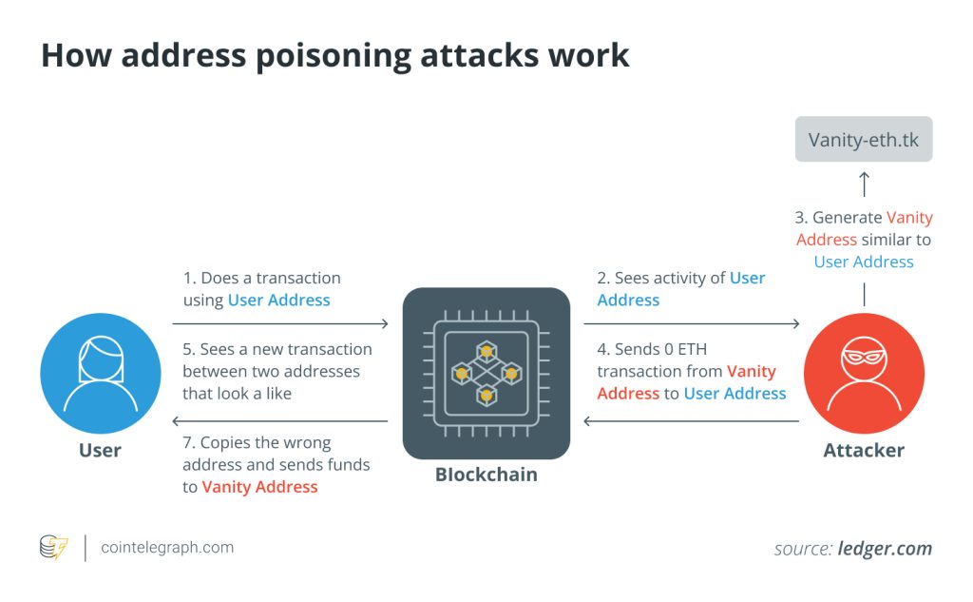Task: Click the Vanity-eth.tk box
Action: click(x=864, y=139)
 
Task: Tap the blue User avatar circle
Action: click(x=101, y=373)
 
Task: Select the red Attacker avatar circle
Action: click(x=864, y=373)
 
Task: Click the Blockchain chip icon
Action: click(x=486, y=373)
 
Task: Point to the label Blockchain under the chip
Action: click(x=486, y=474)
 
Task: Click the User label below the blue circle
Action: click(x=100, y=450)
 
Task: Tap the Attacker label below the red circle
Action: click(x=864, y=450)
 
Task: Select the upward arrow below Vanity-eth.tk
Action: click(x=864, y=183)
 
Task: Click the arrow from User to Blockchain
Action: click(x=280, y=324)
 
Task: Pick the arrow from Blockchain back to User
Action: click(x=280, y=420)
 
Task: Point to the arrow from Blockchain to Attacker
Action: click(x=692, y=324)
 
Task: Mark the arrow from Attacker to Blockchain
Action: click(x=692, y=420)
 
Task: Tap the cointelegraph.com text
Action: click(x=167, y=548)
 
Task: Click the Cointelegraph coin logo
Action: click(x=54, y=548)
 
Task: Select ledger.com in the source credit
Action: click(x=885, y=549)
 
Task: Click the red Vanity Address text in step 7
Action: click(x=259, y=487)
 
